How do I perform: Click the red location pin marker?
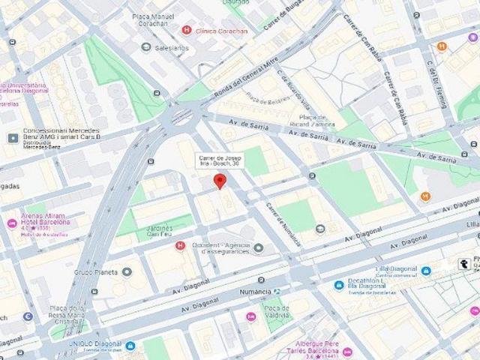219,181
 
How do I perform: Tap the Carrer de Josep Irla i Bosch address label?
219,160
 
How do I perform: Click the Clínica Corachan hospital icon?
187,30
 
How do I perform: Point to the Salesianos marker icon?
146,47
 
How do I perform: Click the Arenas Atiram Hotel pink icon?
11,223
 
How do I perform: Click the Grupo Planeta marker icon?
127,271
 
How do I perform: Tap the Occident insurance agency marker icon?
259,248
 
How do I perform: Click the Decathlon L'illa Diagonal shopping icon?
339,285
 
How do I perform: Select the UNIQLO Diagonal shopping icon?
130,346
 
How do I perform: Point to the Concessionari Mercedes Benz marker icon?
13,139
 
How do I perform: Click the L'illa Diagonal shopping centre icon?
426,271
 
